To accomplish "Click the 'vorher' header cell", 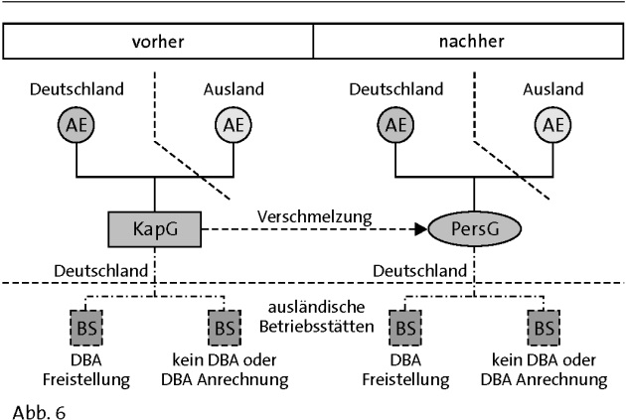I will [x=159, y=43].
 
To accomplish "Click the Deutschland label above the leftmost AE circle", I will [x=77, y=89].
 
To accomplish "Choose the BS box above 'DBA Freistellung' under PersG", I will [x=404, y=326].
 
